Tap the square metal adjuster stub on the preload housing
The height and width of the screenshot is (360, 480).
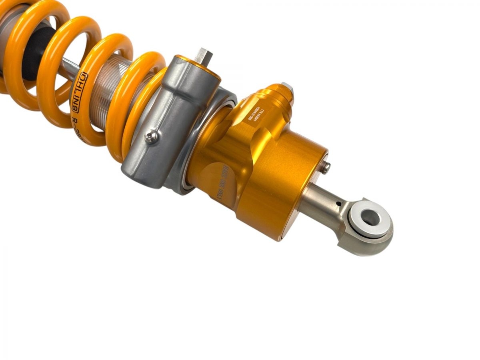coord(203,55)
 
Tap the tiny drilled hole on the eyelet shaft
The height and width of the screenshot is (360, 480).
coord(338,203)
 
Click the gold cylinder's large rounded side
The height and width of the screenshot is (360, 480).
coord(280,188)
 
